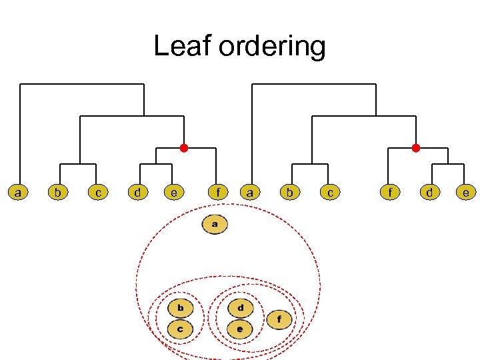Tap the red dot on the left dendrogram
(x=184, y=148)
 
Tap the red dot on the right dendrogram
(x=415, y=148)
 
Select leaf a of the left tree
(x=19, y=193)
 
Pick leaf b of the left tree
(x=59, y=193)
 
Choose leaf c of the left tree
(x=98, y=193)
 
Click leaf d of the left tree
(x=137, y=193)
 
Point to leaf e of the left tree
(x=174, y=193)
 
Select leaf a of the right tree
(x=250, y=193)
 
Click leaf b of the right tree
(x=289, y=193)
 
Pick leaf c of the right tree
(x=329, y=193)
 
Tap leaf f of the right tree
(x=390, y=193)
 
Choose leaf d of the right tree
(x=430, y=193)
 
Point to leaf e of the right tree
(x=466, y=193)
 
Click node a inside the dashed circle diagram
(x=215, y=225)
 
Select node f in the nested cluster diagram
(x=279, y=319)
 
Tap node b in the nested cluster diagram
(x=180, y=308)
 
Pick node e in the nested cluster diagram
(x=240, y=329)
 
